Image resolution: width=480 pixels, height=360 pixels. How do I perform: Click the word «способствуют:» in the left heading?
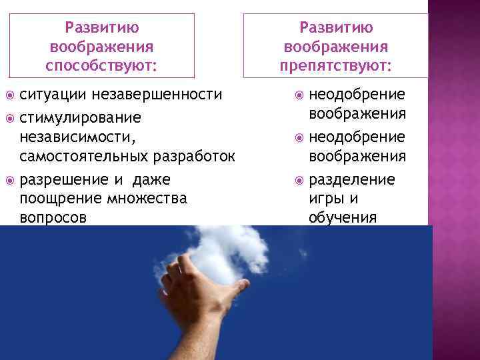(x=101, y=66)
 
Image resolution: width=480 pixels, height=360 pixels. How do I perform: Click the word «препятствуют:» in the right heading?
(x=336, y=66)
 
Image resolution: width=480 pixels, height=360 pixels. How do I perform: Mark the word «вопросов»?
(x=53, y=217)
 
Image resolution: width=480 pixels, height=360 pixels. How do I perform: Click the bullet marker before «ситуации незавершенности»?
(x=10, y=95)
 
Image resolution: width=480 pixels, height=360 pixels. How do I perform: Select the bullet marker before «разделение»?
(x=297, y=181)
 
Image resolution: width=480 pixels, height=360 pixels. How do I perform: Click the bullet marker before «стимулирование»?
(x=10, y=118)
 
